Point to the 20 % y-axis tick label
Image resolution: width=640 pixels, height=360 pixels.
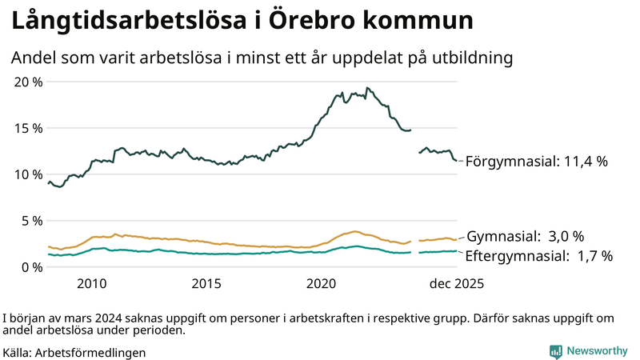28,82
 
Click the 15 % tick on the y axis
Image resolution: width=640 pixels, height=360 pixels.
28,128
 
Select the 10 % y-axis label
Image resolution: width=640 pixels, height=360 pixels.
28,174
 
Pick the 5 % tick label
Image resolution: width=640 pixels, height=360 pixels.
31,221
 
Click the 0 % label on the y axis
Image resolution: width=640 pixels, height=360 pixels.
31,266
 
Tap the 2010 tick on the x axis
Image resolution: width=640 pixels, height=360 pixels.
92,284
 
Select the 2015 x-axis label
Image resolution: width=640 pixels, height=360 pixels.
206,284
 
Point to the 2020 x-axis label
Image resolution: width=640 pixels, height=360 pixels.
322,284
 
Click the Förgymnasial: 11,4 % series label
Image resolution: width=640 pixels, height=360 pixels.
537,162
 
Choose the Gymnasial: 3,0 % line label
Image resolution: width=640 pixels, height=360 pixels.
525,237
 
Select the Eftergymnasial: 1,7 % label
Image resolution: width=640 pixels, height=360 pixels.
539,256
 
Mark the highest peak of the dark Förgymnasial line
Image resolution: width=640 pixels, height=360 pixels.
367,88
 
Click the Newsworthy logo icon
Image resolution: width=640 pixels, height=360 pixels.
555,351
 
